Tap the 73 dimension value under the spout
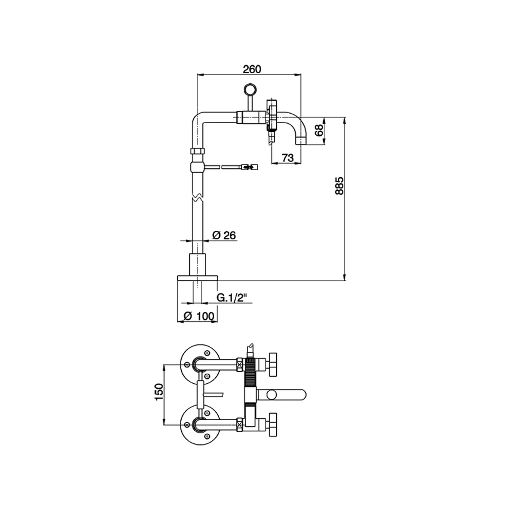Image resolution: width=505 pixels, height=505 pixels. coord(287,158)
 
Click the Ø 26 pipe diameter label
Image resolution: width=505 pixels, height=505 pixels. coord(224,235)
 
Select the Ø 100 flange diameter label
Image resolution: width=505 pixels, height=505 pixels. coord(199,316)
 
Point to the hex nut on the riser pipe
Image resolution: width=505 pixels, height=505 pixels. coord(197,151)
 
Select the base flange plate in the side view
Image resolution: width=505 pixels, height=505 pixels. coord(197,278)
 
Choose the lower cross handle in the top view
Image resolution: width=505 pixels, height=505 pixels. coord(274,424)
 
